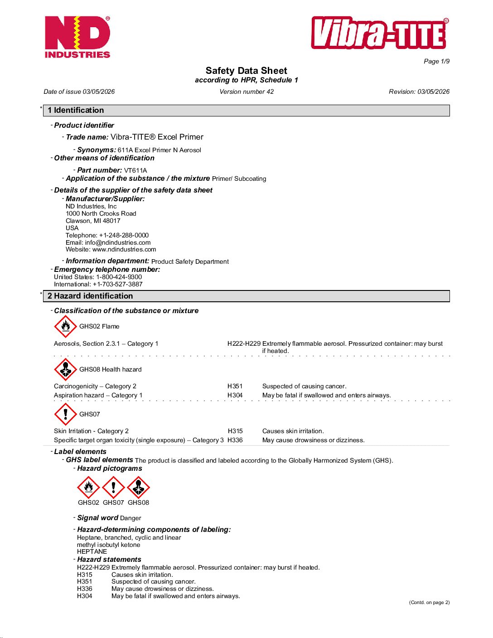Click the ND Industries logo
77,37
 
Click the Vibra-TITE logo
380,33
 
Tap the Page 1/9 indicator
436,61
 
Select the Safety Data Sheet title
246,71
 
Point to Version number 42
246,92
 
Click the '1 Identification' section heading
76,110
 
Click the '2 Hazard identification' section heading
90,296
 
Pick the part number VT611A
135,170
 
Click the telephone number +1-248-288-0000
124,235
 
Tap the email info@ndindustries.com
118,242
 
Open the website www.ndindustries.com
124,249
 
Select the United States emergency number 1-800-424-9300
119,277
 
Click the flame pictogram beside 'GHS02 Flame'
66,326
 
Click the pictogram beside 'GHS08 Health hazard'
66,369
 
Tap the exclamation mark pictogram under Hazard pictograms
113,488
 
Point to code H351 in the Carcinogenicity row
235,386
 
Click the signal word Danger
130,518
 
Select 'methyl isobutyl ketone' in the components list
108,545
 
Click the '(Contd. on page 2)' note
429,602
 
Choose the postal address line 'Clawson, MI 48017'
93,221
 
